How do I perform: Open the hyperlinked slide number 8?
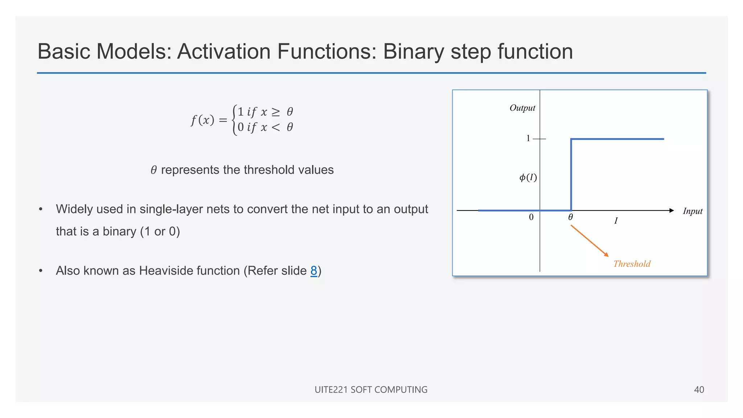pos(314,271)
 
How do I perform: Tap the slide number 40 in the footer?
pos(699,390)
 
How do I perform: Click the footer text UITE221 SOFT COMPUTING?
pos(371,390)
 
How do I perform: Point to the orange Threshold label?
pos(632,264)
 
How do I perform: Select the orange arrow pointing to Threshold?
pos(590,241)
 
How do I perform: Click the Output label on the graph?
pos(522,108)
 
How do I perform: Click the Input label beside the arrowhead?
pos(692,211)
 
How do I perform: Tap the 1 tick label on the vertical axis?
pos(528,138)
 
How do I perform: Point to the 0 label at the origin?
pos(531,217)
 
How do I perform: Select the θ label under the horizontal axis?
pos(570,217)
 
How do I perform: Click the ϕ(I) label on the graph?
pos(528,177)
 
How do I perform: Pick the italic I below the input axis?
pos(616,221)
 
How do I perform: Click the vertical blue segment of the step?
pos(571,174)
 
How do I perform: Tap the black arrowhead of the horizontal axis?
pos(671,210)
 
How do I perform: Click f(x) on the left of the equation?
pos(202,120)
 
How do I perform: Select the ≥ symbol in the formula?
pos(276,112)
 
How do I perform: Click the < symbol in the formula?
pos(276,127)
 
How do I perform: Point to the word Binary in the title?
pos(414,51)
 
